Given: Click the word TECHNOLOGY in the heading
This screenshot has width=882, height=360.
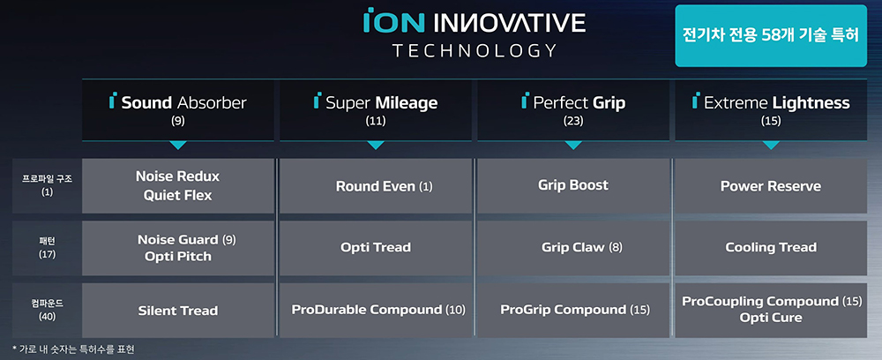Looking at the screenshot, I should pyautogui.click(x=475, y=50).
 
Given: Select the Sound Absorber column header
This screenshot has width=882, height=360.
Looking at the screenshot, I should pyautogui.click(x=178, y=109).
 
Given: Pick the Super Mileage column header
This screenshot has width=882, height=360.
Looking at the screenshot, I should pyautogui.click(x=376, y=109).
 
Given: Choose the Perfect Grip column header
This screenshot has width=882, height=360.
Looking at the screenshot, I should pyautogui.click(x=573, y=109).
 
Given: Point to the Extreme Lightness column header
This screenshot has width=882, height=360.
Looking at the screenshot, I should pyautogui.click(x=771, y=109).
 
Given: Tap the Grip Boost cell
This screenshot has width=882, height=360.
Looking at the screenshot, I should pyautogui.click(x=573, y=185).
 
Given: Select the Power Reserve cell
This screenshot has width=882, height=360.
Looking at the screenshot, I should pyautogui.click(x=771, y=186).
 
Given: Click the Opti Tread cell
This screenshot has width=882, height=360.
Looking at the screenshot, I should pyautogui.click(x=376, y=247).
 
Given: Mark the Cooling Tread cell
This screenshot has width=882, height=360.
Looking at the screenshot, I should pyautogui.click(x=771, y=247).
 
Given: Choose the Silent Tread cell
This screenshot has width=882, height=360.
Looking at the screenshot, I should pyautogui.click(x=178, y=310).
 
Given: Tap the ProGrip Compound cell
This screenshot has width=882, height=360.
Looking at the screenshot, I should pyautogui.click(x=574, y=310).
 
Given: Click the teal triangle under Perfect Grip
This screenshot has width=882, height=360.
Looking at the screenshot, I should pyautogui.click(x=573, y=145).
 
